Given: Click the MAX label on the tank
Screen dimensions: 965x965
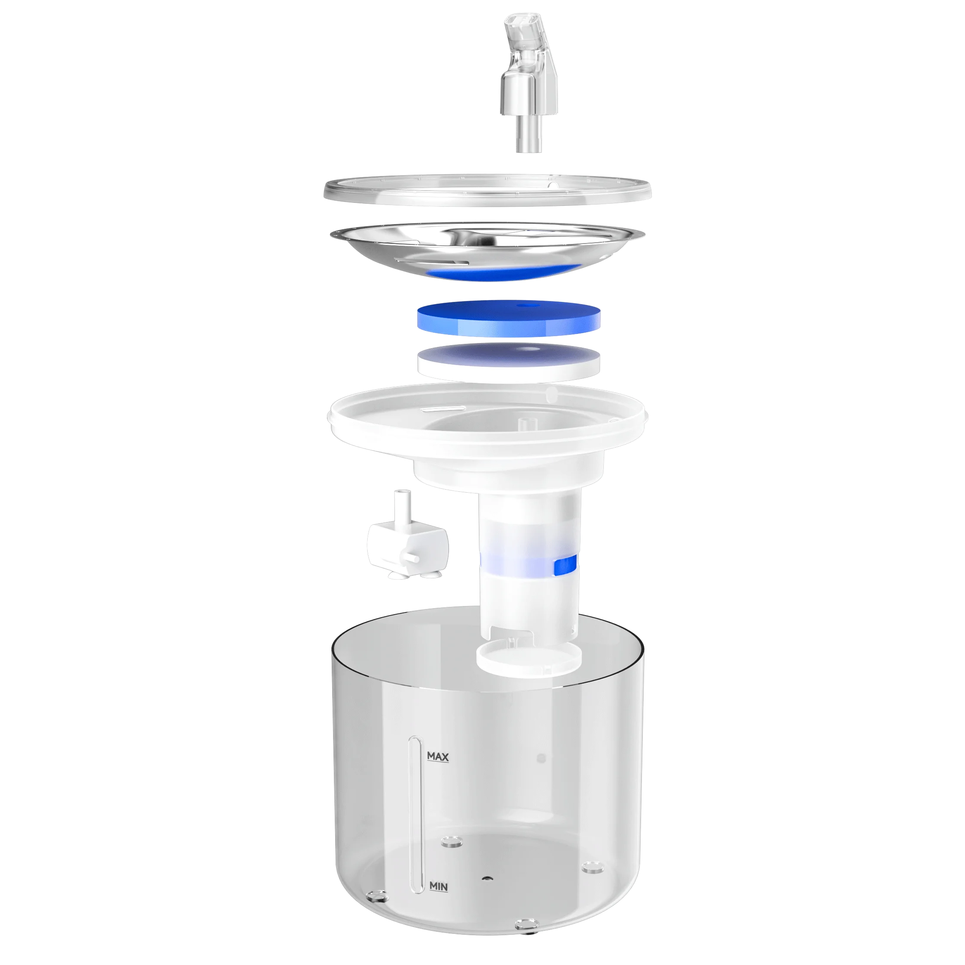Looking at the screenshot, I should tap(438, 757).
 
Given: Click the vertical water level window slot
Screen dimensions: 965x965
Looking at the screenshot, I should tap(414, 819).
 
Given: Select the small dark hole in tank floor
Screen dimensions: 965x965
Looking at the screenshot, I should tap(485, 877).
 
